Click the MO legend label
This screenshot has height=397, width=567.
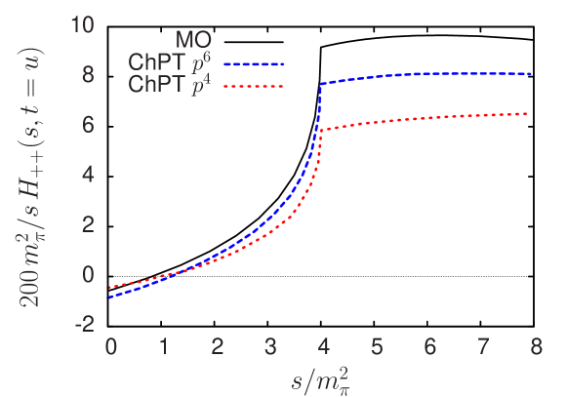194,41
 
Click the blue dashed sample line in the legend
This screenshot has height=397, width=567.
254,63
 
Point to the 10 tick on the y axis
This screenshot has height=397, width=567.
81,24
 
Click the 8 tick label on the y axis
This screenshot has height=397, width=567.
87,74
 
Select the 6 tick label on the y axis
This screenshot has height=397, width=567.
87,124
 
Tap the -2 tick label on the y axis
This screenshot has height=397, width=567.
83,324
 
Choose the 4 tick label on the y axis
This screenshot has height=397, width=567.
87,175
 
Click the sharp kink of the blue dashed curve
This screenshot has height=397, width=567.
321,84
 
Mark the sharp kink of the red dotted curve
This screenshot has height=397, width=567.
321,130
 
